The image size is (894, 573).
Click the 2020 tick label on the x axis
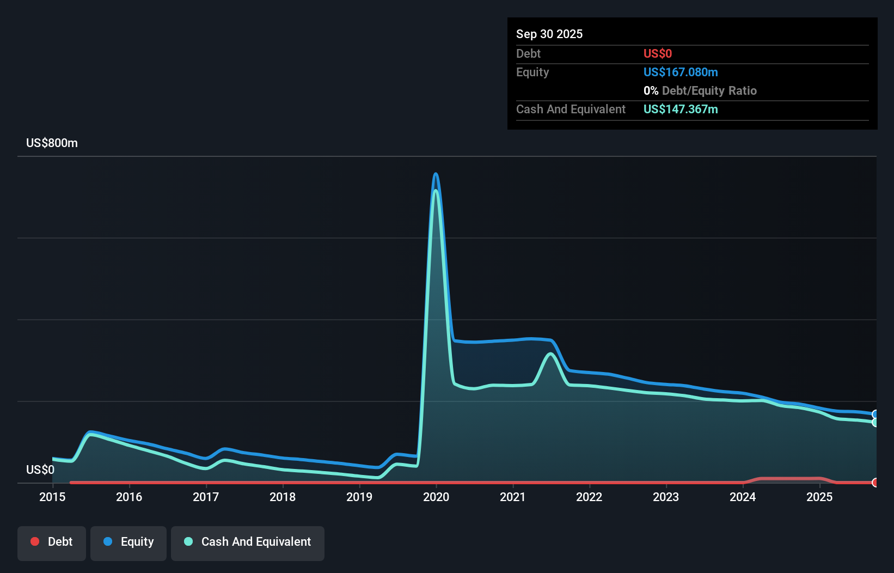(x=436, y=497)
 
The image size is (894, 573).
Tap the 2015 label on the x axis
(x=52, y=497)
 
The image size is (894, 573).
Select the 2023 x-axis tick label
(x=666, y=497)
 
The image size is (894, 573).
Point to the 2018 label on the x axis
(x=283, y=497)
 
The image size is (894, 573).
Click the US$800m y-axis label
(x=52, y=143)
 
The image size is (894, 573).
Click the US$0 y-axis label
(x=40, y=470)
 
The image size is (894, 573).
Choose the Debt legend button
(x=52, y=541)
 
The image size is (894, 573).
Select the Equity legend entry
(x=128, y=541)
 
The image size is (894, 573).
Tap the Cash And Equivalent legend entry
(x=248, y=541)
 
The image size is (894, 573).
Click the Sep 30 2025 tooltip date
(x=549, y=34)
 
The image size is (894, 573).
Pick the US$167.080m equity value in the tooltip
(x=681, y=72)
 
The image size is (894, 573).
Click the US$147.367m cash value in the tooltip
(x=681, y=109)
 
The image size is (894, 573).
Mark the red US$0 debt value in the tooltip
(x=658, y=53)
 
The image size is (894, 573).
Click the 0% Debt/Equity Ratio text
(x=700, y=90)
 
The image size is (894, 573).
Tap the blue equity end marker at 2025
(x=875, y=414)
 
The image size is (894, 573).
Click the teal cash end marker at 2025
(x=875, y=423)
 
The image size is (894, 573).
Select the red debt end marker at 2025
(x=875, y=483)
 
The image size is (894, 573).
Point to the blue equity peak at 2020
(x=436, y=174)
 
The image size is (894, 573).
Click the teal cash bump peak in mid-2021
(x=551, y=354)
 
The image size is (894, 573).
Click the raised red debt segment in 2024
(x=789, y=479)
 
